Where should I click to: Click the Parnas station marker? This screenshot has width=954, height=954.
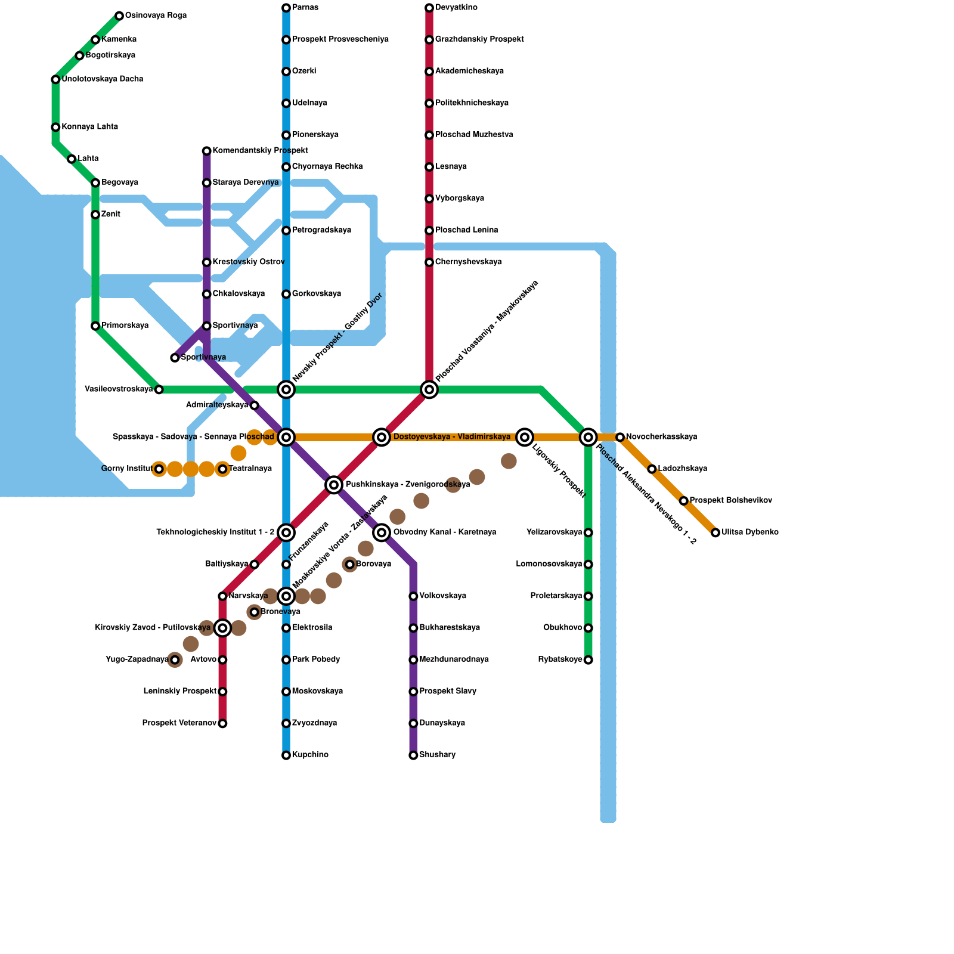(x=286, y=8)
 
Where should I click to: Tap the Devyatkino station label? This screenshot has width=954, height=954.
(x=456, y=8)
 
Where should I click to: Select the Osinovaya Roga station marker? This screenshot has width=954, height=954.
(x=119, y=16)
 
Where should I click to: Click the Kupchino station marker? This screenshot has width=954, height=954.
(x=286, y=755)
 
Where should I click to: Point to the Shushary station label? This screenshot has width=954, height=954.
(x=437, y=755)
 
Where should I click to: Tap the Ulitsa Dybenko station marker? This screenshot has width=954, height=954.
(x=715, y=532)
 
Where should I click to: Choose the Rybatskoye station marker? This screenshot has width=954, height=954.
(x=588, y=660)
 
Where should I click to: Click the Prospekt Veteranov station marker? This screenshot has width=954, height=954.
(x=222, y=724)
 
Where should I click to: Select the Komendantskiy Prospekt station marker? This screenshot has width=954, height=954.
(x=207, y=151)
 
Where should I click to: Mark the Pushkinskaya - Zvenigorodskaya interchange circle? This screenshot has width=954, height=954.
(x=334, y=485)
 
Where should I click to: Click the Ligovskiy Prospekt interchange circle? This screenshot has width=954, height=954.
(x=525, y=437)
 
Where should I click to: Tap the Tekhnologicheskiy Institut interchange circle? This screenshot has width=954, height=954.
(x=286, y=532)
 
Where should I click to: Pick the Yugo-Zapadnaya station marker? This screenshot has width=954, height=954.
(x=175, y=660)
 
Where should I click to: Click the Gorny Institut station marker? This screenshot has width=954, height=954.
(x=159, y=469)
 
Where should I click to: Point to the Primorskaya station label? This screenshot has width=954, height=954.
(x=125, y=326)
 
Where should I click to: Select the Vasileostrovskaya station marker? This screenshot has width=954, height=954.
(x=159, y=390)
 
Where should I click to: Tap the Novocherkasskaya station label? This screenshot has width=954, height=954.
(x=661, y=437)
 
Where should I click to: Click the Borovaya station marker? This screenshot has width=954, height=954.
(x=350, y=565)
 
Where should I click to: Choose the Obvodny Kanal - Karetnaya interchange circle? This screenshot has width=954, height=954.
(x=382, y=532)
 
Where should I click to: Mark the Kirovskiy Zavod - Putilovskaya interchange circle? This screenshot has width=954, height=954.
(x=222, y=628)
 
